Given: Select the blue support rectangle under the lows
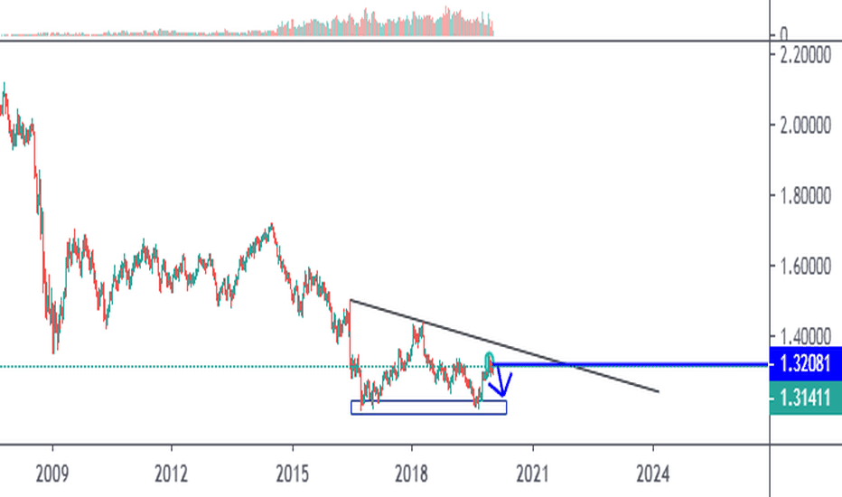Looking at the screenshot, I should coord(429,408).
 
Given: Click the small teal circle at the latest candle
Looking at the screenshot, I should coord(489,358).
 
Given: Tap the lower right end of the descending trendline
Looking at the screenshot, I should coord(657,392).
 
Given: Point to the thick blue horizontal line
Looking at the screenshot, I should coord(632,364).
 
